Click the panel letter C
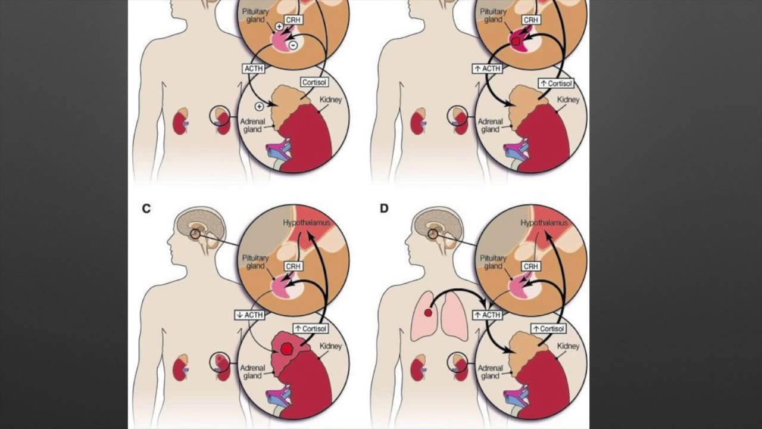(146, 209)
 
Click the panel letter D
(384, 209)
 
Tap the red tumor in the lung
(427, 313)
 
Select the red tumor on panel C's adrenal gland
(288, 349)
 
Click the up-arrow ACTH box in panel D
(488, 315)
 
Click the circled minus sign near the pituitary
(293, 45)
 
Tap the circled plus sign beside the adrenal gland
(259, 107)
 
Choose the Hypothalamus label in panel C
(307, 223)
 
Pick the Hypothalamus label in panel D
(545, 223)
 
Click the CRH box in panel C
(292, 266)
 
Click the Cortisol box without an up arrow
(314, 82)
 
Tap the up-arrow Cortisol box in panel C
(310, 328)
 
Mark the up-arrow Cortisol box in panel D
(548, 328)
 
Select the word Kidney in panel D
(569, 346)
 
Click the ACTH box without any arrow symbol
(254, 69)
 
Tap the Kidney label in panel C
(331, 346)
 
